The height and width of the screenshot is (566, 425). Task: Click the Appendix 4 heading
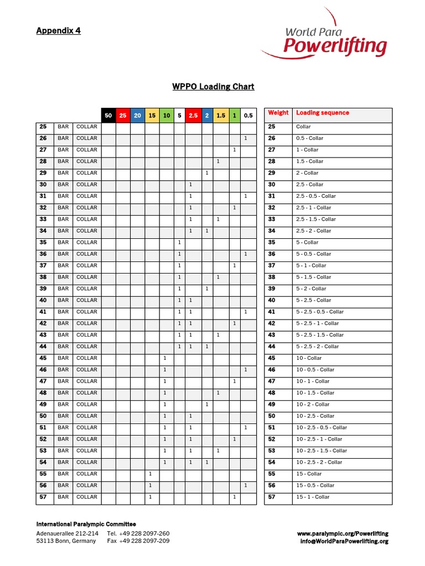pos(58,31)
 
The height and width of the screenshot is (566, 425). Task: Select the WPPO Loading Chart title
pos(213,87)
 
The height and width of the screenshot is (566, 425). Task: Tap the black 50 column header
pos(108,116)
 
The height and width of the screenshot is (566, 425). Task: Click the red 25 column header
pos(123,116)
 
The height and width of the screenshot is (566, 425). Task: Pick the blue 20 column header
pos(137,116)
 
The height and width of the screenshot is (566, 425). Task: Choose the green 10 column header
pos(166,116)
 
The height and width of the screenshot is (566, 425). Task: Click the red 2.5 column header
pos(193,116)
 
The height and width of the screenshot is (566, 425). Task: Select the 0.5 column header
pos(248,116)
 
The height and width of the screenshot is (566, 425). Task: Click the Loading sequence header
pos(323,113)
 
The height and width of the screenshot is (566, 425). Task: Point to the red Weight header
pos(278,113)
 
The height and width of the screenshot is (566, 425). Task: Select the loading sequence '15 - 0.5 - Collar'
pos(315,485)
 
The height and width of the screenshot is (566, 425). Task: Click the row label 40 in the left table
pos(43,300)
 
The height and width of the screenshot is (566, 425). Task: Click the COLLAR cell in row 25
pos(86,127)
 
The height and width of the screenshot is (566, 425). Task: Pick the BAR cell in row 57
pos(63,497)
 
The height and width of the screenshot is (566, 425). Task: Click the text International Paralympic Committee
pos(86,524)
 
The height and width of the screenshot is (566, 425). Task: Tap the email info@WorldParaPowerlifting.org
pos(344,541)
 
